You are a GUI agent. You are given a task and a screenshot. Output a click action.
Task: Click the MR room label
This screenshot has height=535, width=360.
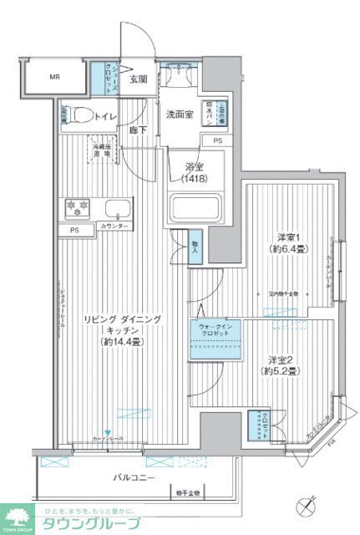click(54, 78)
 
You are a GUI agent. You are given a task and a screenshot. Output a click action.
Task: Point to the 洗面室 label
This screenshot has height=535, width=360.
click(179, 114)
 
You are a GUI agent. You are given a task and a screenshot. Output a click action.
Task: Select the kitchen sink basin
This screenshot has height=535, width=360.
click(119, 208)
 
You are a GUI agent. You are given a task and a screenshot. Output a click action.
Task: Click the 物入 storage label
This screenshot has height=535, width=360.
click(195, 242)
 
